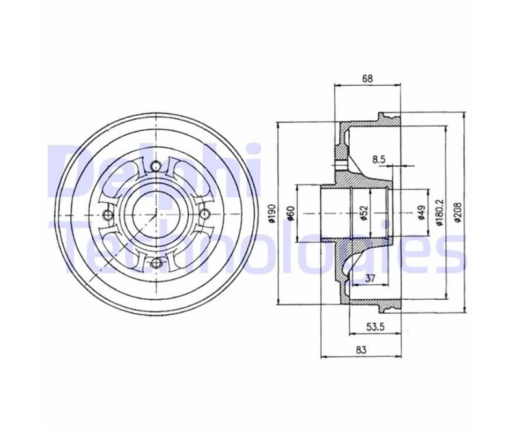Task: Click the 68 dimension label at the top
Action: [367, 78]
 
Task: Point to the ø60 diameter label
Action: [290, 213]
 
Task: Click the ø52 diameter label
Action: [363, 213]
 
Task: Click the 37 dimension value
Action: [370, 279]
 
